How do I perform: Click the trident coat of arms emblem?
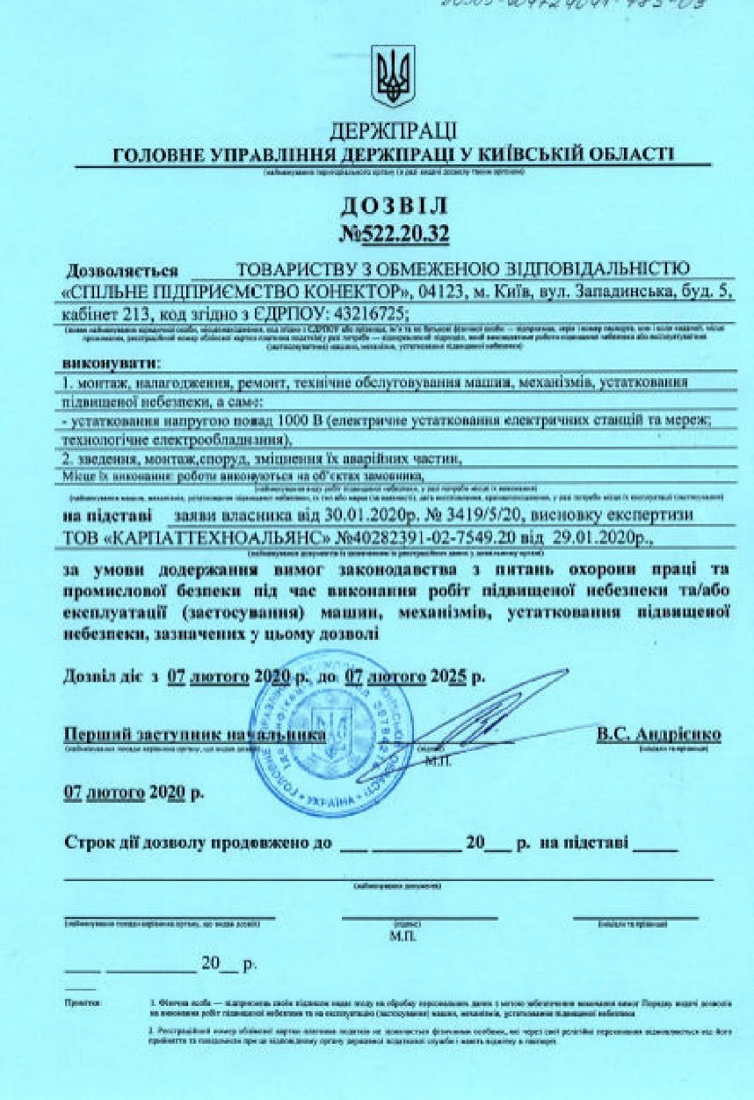tap(392, 77)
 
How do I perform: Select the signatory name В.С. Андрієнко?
tap(658, 733)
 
